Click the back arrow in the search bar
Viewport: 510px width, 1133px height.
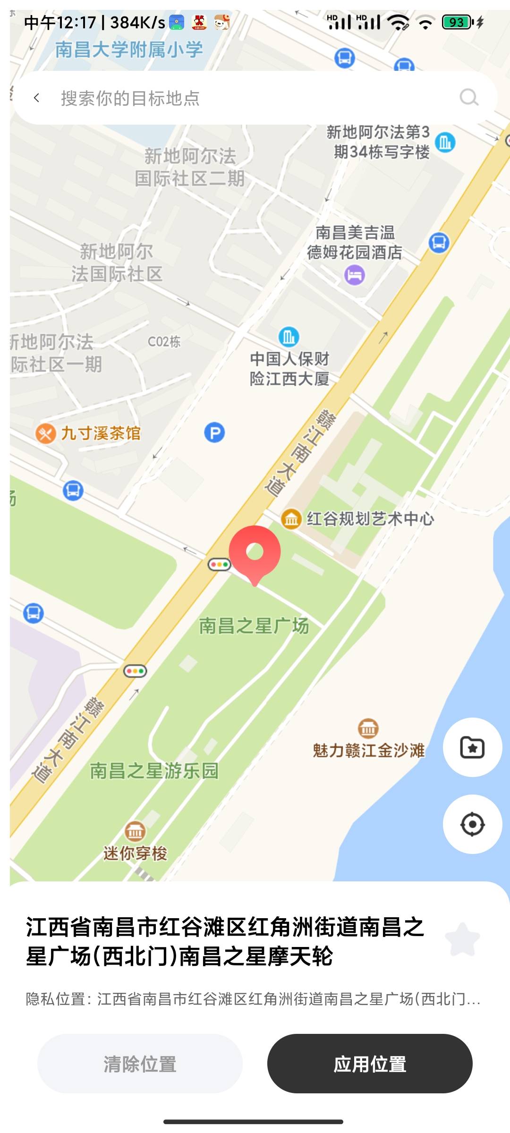[x=37, y=98]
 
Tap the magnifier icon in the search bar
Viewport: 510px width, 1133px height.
[x=469, y=98]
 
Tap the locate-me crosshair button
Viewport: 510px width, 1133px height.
[x=472, y=824]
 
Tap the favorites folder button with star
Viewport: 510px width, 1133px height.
[x=472, y=747]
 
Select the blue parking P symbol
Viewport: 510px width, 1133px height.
[x=214, y=432]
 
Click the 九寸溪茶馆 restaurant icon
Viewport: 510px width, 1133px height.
[x=46, y=433]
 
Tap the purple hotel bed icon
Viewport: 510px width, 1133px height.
[x=355, y=275]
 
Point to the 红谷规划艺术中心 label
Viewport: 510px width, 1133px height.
[x=370, y=519]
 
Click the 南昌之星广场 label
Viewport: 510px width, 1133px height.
[x=254, y=626]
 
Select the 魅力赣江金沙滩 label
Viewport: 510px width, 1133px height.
[x=369, y=750]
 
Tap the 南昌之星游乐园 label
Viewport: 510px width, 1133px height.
[x=154, y=771]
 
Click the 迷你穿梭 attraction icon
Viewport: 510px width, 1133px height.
[x=135, y=831]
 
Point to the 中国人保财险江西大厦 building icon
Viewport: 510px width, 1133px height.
[x=289, y=337]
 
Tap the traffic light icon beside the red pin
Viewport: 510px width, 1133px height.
[x=219, y=564]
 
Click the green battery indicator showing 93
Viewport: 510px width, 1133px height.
[x=457, y=22]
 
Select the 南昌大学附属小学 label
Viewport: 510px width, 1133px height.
[x=129, y=50]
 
